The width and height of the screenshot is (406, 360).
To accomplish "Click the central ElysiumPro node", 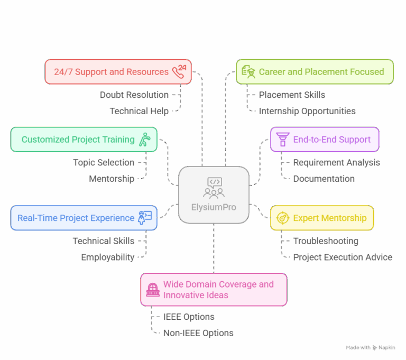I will [214, 195].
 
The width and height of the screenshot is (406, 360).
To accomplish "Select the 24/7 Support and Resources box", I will [118, 71].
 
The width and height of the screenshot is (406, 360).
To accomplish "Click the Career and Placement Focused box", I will [315, 71].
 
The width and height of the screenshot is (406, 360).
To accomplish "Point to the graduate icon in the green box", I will [247, 71].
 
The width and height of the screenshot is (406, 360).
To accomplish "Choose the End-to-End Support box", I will [325, 140].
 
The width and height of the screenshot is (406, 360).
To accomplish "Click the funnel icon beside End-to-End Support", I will [282, 140].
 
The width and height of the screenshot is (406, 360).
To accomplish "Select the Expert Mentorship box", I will [322, 218].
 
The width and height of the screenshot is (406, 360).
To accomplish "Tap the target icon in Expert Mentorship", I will [282, 218].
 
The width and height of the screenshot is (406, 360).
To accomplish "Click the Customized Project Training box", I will [84, 140].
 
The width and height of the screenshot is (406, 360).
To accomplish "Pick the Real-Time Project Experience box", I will [84, 218].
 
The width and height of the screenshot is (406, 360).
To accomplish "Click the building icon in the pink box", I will [153, 290].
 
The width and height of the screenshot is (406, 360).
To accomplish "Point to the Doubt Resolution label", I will [134, 95].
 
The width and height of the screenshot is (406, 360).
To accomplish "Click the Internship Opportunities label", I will [307, 111].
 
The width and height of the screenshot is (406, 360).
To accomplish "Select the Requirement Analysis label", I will [336, 162].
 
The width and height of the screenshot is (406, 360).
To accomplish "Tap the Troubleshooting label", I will [326, 241].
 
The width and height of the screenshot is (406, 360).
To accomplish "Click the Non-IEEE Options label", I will [198, 333].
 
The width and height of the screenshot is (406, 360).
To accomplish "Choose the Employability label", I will [107, 257].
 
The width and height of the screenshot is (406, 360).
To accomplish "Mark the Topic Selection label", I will [104, 162].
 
